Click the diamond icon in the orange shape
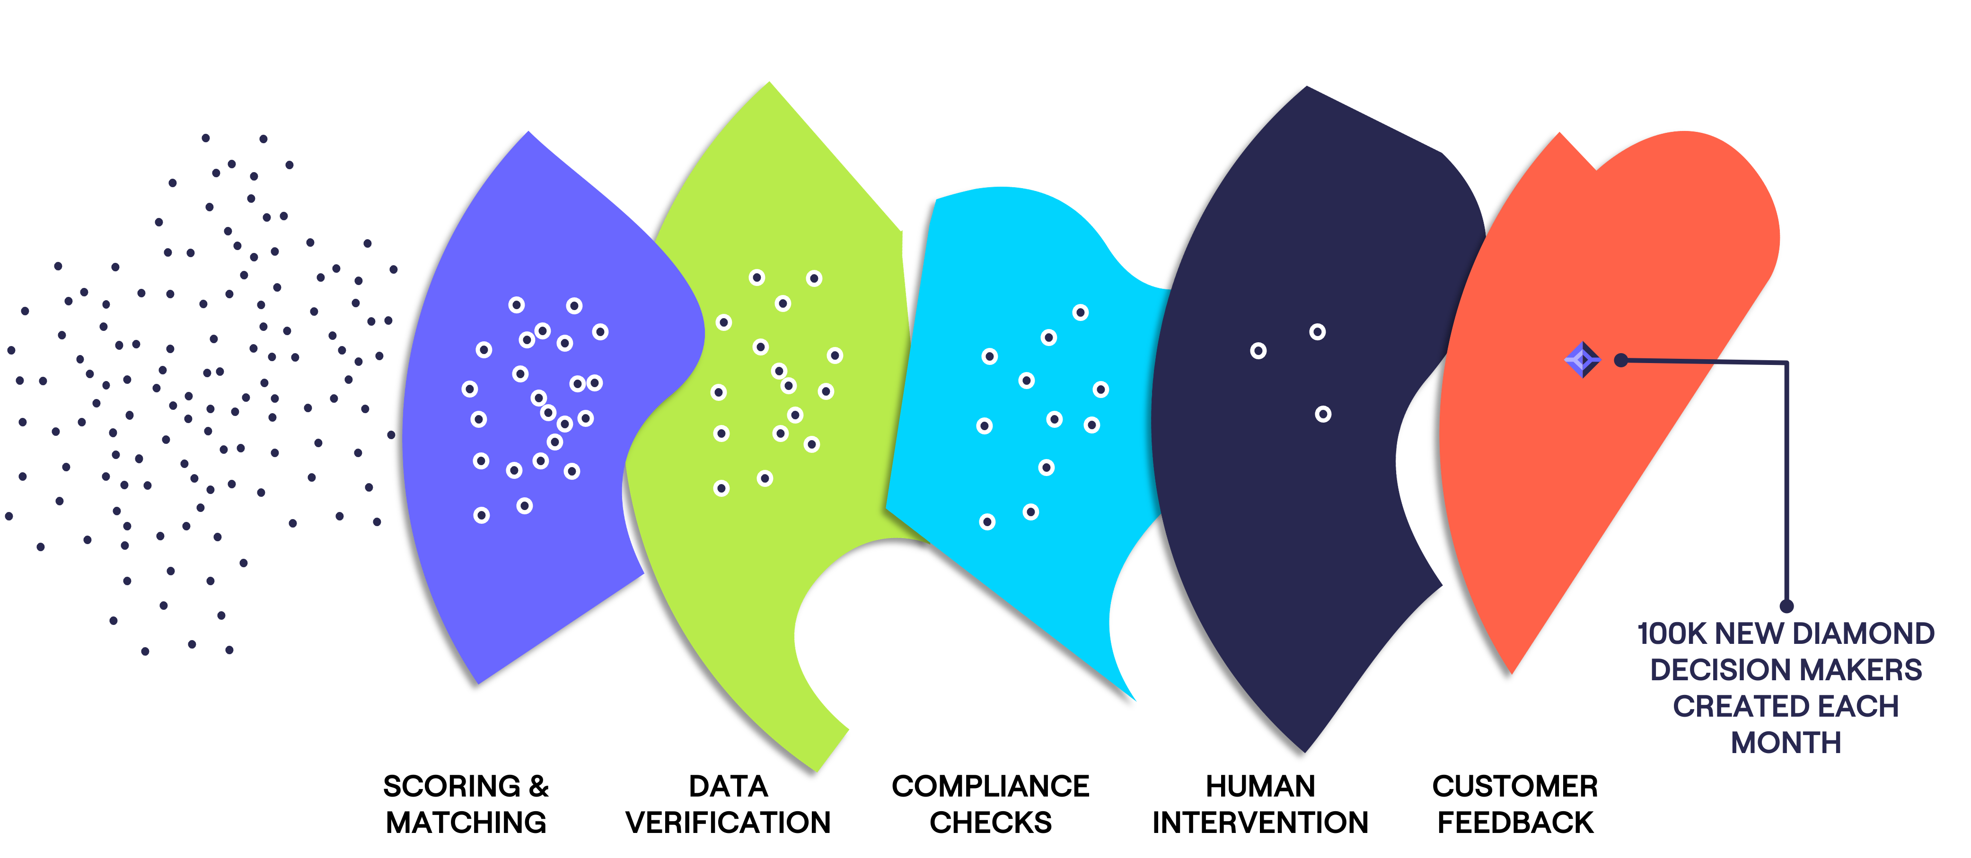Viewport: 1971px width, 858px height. [1582, 359]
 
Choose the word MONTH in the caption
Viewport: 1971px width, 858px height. [1786, 743]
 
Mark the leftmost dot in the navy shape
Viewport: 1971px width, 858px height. [1258, 351]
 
